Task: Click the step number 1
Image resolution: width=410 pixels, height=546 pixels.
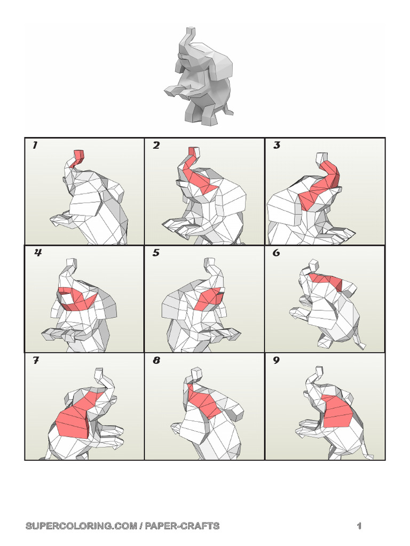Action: (x=35, y=145)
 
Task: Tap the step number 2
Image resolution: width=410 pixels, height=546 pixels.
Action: (x=156, y=145)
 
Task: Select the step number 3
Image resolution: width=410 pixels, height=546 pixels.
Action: (x=277, y=145)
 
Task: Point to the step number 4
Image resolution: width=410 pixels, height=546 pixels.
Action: (x=38, y=253)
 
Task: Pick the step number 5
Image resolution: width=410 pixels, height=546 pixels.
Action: (x=156, y=253)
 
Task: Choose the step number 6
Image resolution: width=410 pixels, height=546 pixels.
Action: (x=276, y=253)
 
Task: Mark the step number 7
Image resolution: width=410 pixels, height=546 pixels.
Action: (x=36, y=360)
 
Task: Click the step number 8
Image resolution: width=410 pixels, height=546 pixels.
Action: (x=156, y=360)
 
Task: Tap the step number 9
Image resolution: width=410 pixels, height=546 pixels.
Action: (x=276, y=360)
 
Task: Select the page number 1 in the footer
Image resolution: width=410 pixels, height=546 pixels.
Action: (x=359, y=526)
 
